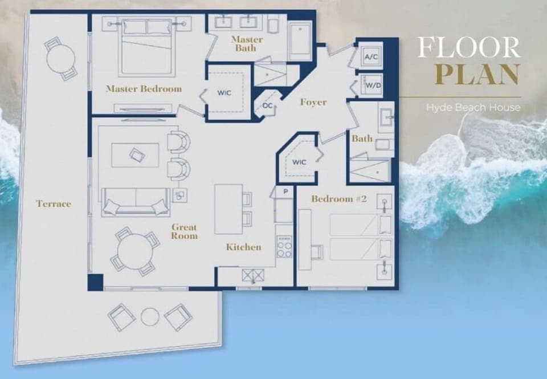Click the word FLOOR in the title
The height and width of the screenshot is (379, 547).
(x=468, y=47)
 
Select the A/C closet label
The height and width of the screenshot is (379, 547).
(x=371, y=57)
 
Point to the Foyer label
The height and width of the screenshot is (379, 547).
(x=313, y=102)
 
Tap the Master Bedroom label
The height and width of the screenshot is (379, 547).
(x=144, y=89)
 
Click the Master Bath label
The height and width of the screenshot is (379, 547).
(x=247, y=44)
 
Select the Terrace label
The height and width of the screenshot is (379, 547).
(x=54, y=203)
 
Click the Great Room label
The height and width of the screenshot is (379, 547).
(x=185, y=231)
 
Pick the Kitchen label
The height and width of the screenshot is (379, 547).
(x=243, y=247)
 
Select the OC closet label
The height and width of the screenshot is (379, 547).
(x=268, y=105)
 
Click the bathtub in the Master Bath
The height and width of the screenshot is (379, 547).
(x=300, y=40)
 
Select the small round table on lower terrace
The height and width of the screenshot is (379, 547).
(x=150, y=317)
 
